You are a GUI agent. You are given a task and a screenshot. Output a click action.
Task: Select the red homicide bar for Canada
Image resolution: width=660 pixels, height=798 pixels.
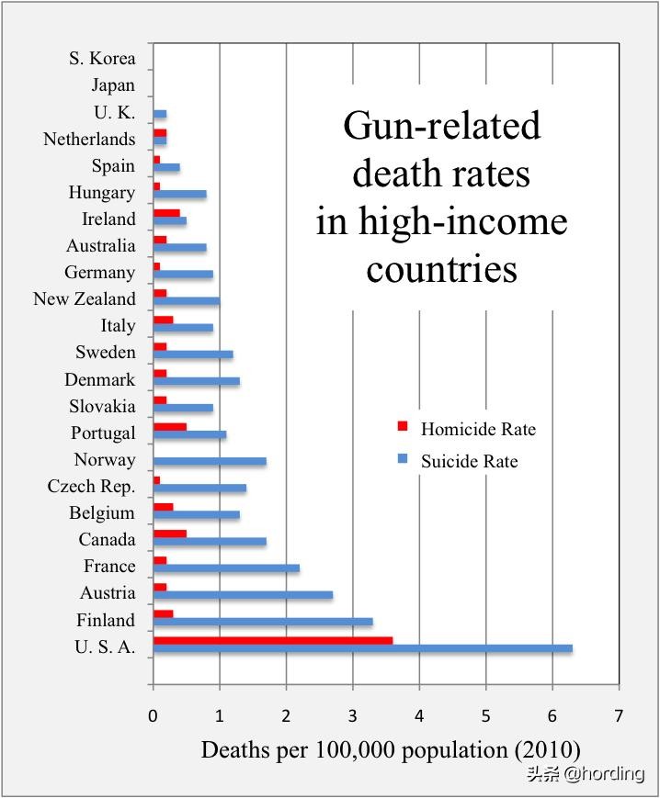(170, 534)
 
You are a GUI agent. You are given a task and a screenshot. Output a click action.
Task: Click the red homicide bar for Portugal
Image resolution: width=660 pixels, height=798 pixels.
(170, 427)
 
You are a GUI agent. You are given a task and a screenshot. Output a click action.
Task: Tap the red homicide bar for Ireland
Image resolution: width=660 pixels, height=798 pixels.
(166, 213)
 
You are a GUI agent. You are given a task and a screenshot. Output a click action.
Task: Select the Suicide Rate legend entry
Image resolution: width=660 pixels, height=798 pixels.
(469, 461)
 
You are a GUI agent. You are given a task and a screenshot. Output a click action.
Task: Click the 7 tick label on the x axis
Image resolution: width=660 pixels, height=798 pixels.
(619, 714)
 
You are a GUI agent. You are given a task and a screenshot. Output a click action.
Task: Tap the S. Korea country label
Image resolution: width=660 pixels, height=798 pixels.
(102, 59)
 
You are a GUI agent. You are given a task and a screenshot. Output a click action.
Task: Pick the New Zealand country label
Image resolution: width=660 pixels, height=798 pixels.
(85, 299)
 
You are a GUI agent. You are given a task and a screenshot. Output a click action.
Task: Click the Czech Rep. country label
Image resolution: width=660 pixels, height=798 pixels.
(91, 487)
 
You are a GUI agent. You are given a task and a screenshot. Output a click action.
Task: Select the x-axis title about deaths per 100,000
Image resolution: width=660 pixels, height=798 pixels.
(391, 749)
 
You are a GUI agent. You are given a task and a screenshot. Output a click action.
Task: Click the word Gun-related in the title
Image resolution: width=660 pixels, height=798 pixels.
(441, 126)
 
